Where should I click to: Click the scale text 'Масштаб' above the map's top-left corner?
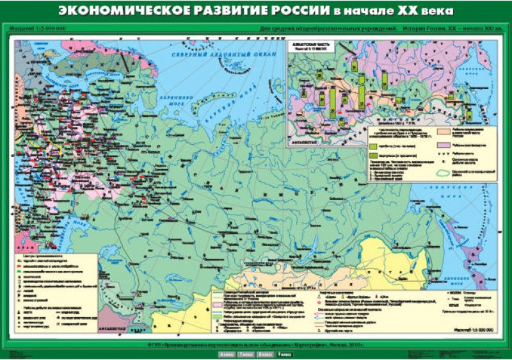point(24,29)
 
